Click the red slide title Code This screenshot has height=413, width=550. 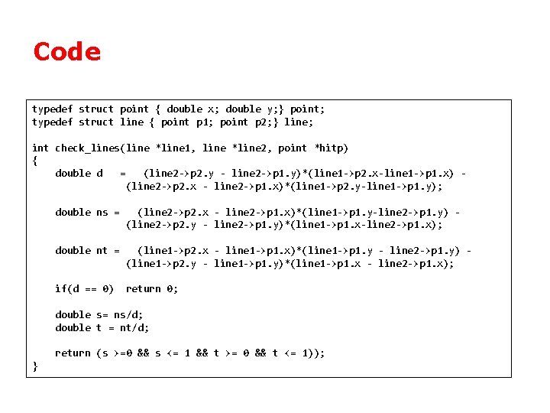click(x=67, y=52)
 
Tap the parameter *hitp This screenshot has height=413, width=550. click(x=332, y=148)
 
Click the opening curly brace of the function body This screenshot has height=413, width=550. click(x=35, y=161)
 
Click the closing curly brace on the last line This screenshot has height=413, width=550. click(x=35, y=366)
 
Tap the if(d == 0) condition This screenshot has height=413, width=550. click(x=84, y=288)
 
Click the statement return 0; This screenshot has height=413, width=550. click(x=152, y=288)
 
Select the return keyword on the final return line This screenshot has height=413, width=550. click(x=73, y=353)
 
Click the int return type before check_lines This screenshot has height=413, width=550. click(x=40, y=148)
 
